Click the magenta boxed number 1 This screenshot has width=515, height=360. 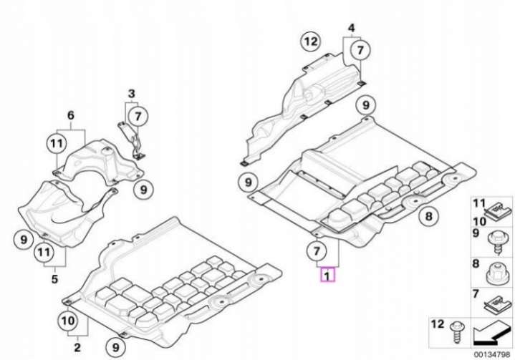coord(327,275)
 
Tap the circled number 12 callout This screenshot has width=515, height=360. coord(311,42)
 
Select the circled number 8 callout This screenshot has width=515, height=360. coord(428,216)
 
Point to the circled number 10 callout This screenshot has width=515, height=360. coord(68,321)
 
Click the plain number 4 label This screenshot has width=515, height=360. coord(352,28)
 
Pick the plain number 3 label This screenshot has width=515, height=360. coord(131,94)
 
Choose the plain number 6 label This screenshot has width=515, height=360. coord(71,115)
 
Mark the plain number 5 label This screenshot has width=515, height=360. coord(54,279)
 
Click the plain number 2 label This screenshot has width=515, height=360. coord(77,347)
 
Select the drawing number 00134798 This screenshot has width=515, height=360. coord(491,354)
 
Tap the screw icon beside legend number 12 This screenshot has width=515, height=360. coord(457,333)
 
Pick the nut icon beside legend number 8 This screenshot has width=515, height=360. coord(495,274)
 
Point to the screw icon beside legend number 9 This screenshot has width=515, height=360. coord(498,242)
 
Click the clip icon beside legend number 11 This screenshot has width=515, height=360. coord(499,210)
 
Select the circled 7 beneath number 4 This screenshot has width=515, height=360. coord(360,50)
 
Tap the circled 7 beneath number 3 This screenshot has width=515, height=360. coord(138,116)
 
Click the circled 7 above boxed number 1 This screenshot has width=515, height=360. coord(316,251)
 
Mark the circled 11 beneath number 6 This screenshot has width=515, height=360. coord(57,143)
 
